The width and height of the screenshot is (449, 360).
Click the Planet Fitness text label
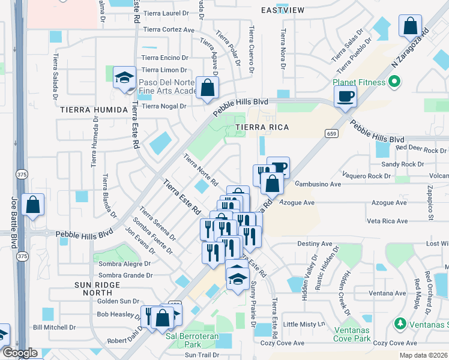click(361, 83)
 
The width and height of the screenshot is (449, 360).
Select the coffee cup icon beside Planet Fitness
click(346, 96)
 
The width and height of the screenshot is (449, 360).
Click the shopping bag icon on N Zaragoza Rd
click(411, 27)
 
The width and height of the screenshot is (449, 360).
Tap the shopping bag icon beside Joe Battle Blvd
click(32, 205)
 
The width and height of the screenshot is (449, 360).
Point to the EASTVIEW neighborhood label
click(283, 10)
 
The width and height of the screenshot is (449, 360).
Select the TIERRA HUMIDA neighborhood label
click(94, 110)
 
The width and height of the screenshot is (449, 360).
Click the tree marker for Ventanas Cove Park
click(400, 324)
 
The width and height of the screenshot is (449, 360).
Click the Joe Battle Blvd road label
click(13, 222)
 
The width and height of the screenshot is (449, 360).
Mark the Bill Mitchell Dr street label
click(54, 327)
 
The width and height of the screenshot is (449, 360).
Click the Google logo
click(20, 353)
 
